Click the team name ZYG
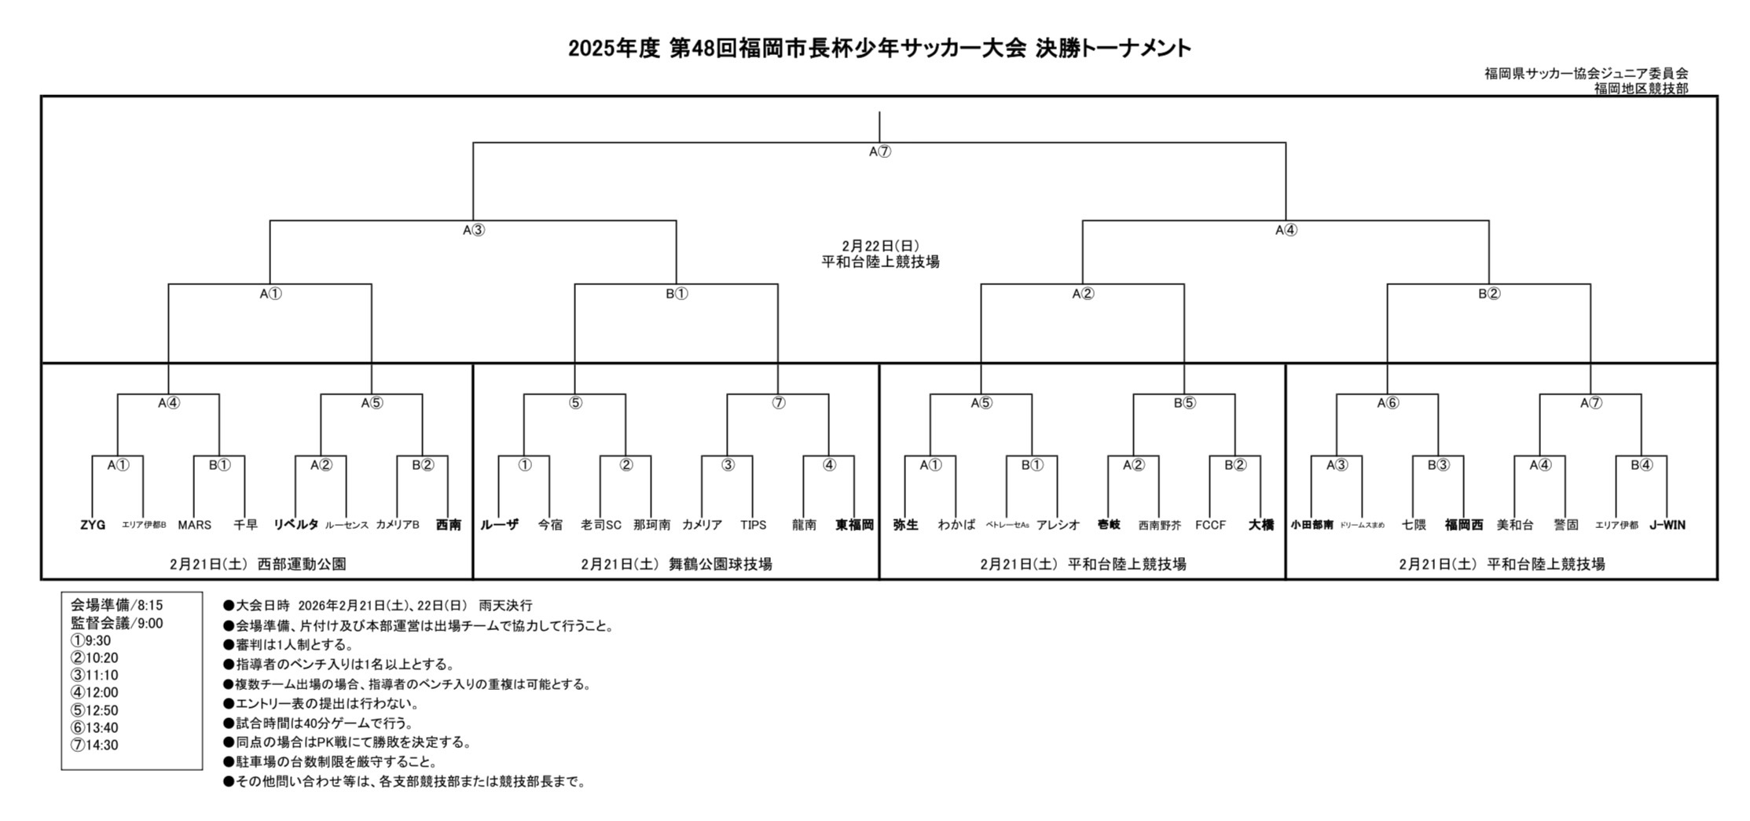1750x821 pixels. (x=93, y=525)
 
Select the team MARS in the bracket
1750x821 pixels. (x=194, y=525)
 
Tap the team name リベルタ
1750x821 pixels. (x=295, y=525)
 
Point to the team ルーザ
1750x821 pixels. (x=499, y=525)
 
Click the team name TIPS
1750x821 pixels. (x=753, y=525)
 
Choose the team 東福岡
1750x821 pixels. (x=854, y=525)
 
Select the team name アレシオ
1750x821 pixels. (x=1058, y=525)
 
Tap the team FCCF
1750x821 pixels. (x=1210, y=525)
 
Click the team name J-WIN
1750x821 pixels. (x=1667, y=525)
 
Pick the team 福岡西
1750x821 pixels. (x=1464, y=525)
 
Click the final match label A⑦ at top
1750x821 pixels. (x=879, y=152)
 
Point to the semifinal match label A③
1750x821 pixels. (x=473, y=230)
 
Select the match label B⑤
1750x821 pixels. (x=1184, y=403)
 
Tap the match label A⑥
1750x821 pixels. (x=1388, y=403)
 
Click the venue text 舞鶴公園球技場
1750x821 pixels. (x=720, y=564)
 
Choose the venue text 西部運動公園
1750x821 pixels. (x=302, y=564)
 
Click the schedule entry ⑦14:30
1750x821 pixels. (x=94, y=745)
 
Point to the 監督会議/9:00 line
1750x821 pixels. (x=117, y=623)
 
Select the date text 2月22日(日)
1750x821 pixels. (x=880, y=246)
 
